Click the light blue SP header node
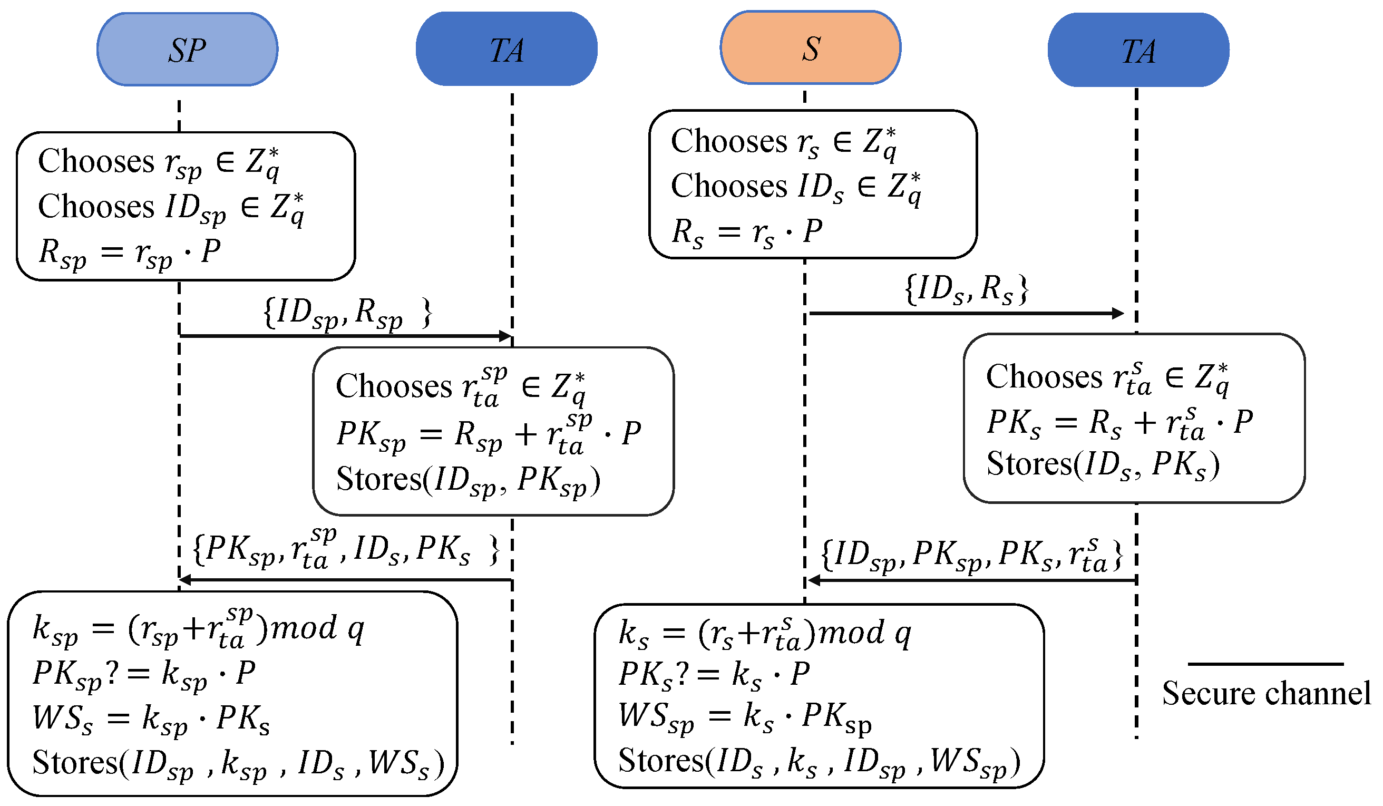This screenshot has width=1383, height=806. point(187,50)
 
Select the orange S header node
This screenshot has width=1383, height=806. point(810,48)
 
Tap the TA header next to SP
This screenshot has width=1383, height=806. point(506,50)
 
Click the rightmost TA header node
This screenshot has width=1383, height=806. point(1138,50)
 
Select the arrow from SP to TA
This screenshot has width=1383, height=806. point(346,335)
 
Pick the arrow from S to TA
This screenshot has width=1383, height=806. point(966,314)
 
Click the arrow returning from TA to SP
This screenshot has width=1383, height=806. point(346,580)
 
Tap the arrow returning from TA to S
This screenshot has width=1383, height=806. point(971,580)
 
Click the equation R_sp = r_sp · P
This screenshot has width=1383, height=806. point(130,253)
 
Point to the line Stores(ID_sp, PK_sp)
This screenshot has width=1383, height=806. point(468,480)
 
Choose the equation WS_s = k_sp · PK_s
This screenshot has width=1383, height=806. point(151,718)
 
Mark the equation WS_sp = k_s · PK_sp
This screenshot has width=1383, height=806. point(744,716)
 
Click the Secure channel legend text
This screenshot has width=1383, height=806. point(1265,693)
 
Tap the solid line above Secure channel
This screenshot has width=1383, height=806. point(1265,664)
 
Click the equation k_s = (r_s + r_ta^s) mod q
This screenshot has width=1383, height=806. point(764,633)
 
